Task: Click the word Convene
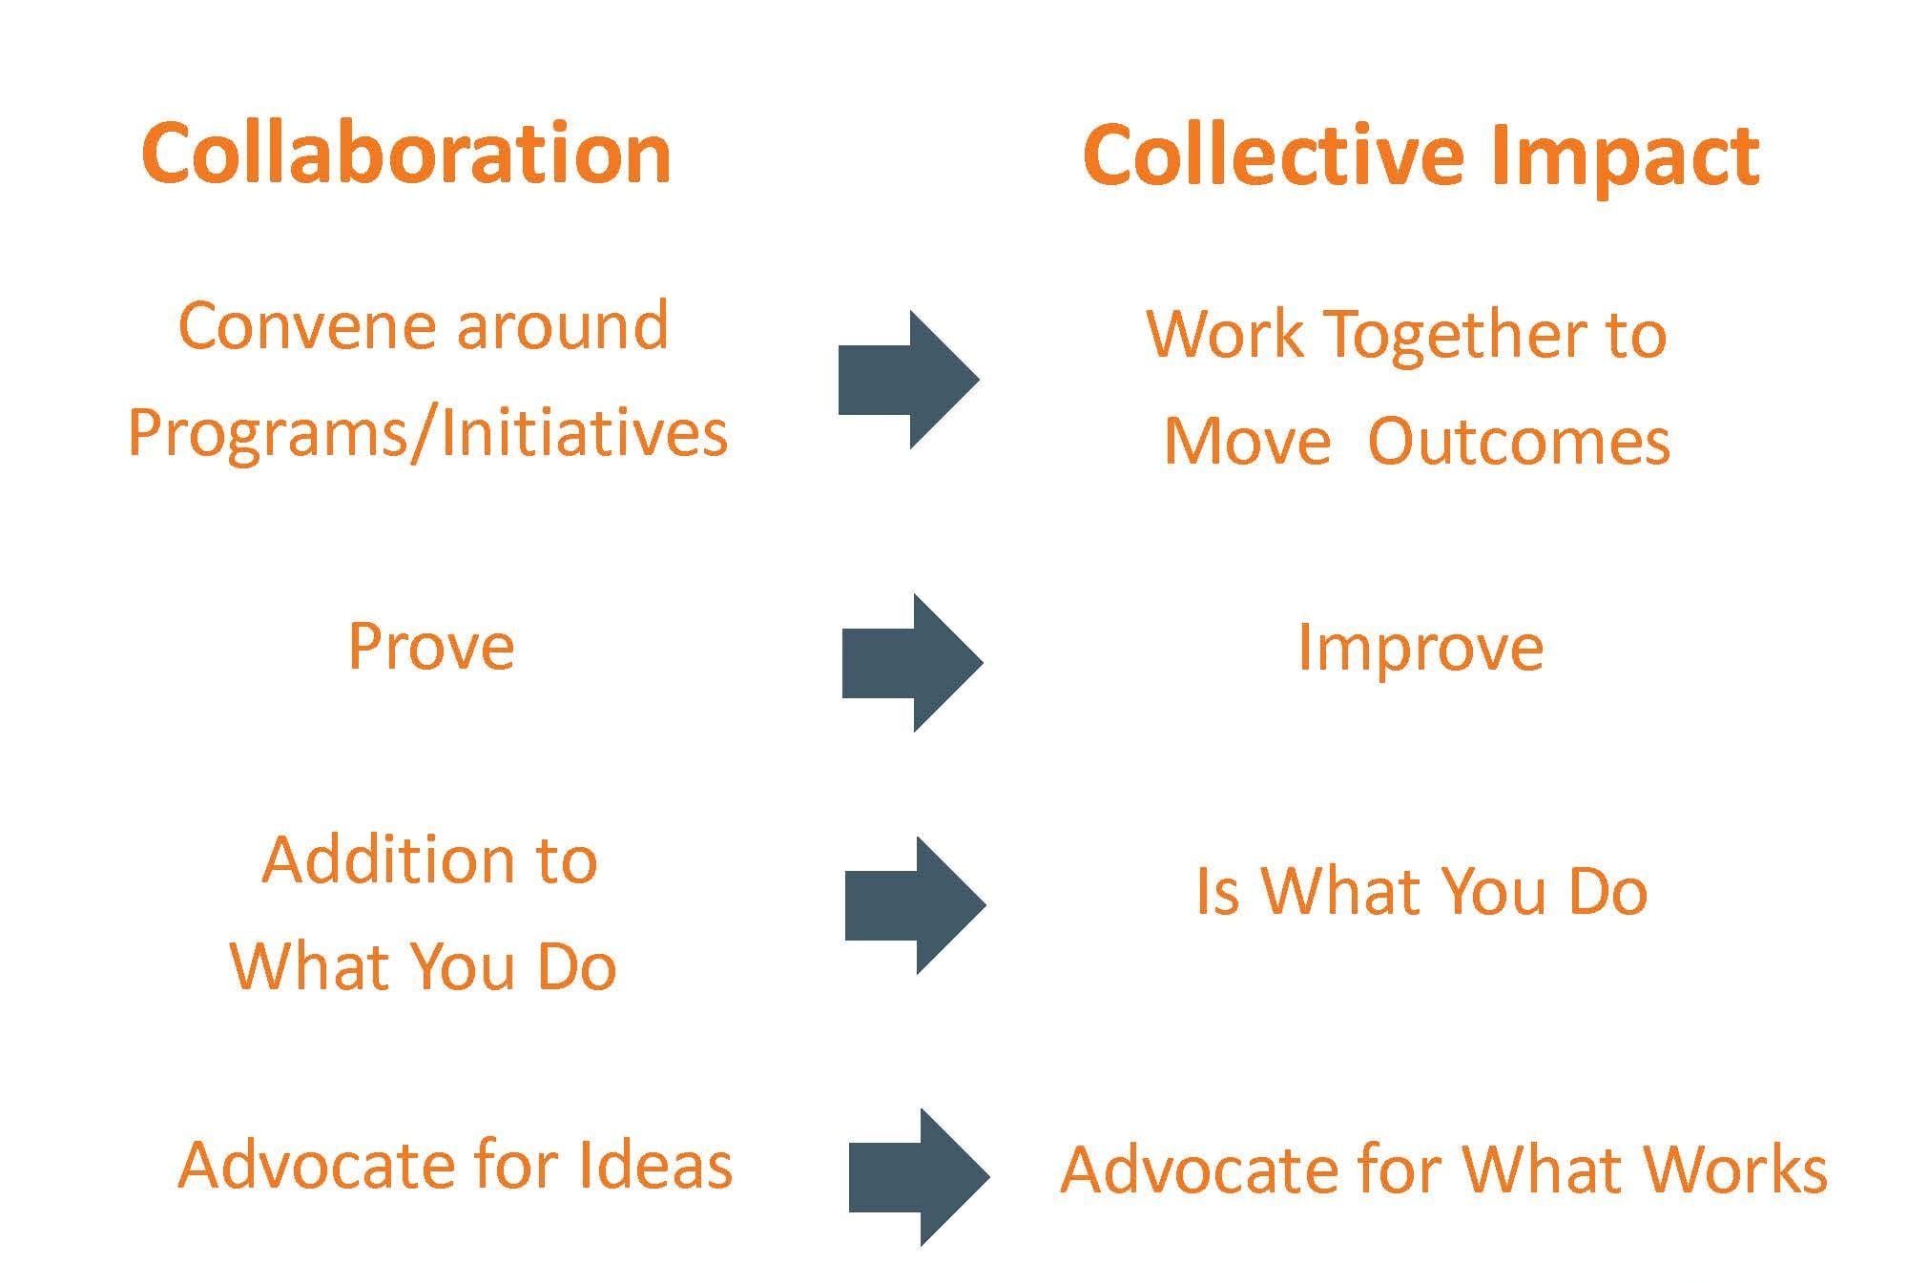pyautogui.click(x=302, y=326)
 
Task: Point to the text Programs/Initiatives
pyautogui.click(x=427, y=433)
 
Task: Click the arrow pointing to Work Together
pyautogui.click(x=909, y=380)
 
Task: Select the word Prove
pyautogui.click(x=431, y=646)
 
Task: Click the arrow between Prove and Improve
pyautogui.click(x=913, y=663)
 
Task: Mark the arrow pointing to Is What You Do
pyautogui.click(x=916, y=905)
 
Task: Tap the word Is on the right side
pyautogui.click(x=1218, y=892)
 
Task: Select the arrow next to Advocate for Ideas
pyautogui.click(x=920, y=1177)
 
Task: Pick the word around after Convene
pyautogui.click(x=562, y=326)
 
